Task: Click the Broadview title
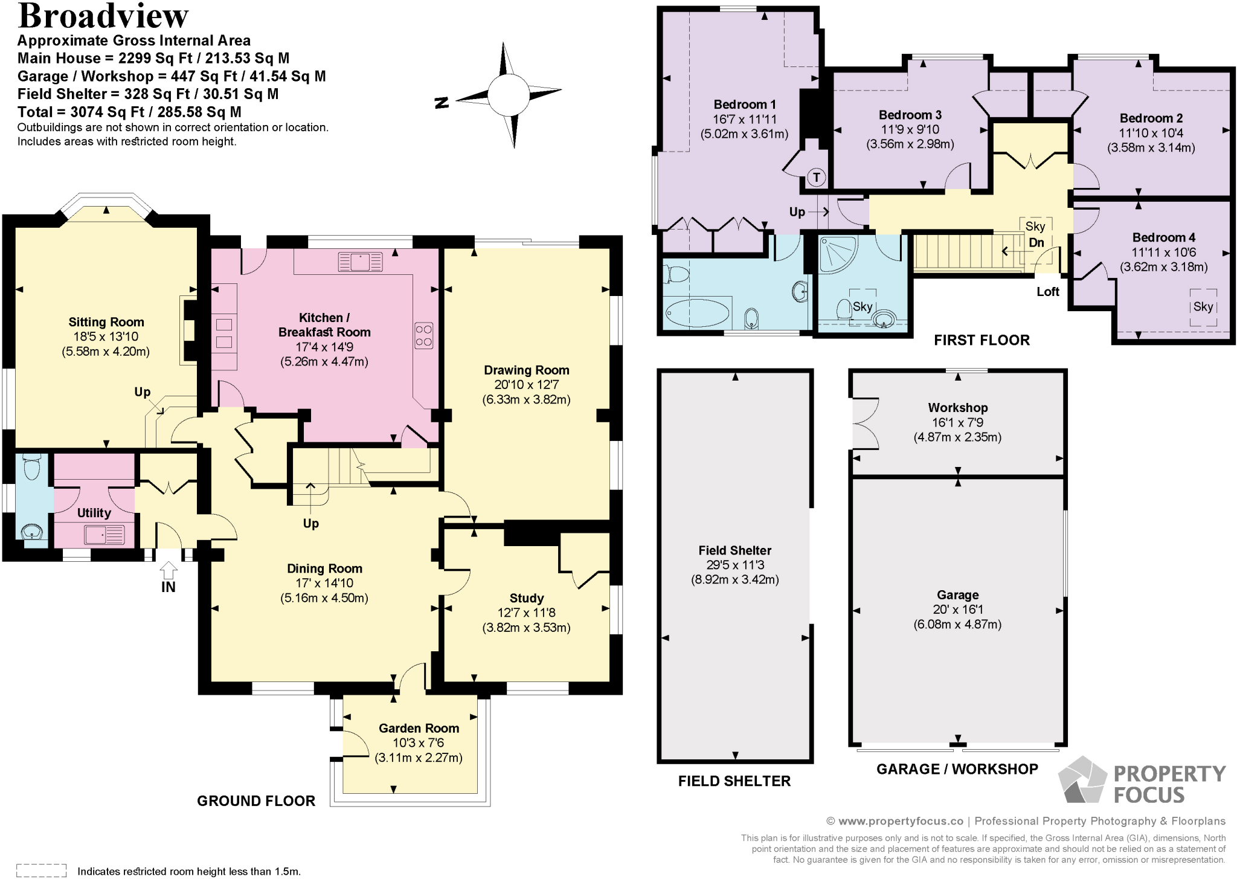(x=103, y=16)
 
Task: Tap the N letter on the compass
(x=442, y=103)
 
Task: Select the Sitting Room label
(x=106, y=322)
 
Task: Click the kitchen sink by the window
(x=361, y=262)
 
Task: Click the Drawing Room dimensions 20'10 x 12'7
(x=526, y=385)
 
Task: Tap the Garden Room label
(x=419, y=728)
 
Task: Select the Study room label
(x=526, y=598)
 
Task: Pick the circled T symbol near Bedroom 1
(x=816, y=177)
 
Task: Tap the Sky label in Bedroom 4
(x=1203, y=306)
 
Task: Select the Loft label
(x=1048, y=292)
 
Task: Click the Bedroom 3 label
(x=910, y=115)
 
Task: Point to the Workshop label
(x=957, y=408)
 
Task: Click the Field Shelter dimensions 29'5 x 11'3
(x=734, y=565)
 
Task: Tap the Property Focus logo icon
(x=1082, y=780)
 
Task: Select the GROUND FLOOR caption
(x=256, y=801)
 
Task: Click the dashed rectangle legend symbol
(x=41, y=871)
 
